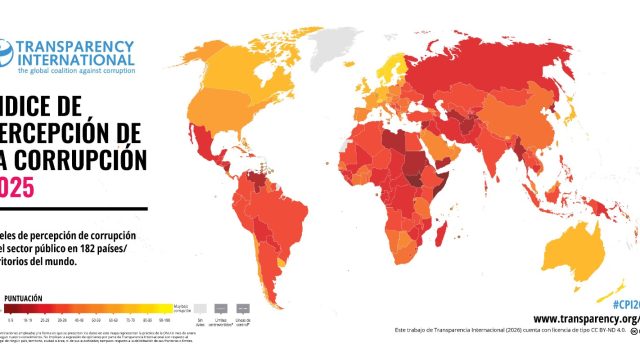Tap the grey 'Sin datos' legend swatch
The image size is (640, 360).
tap(201, 310)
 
